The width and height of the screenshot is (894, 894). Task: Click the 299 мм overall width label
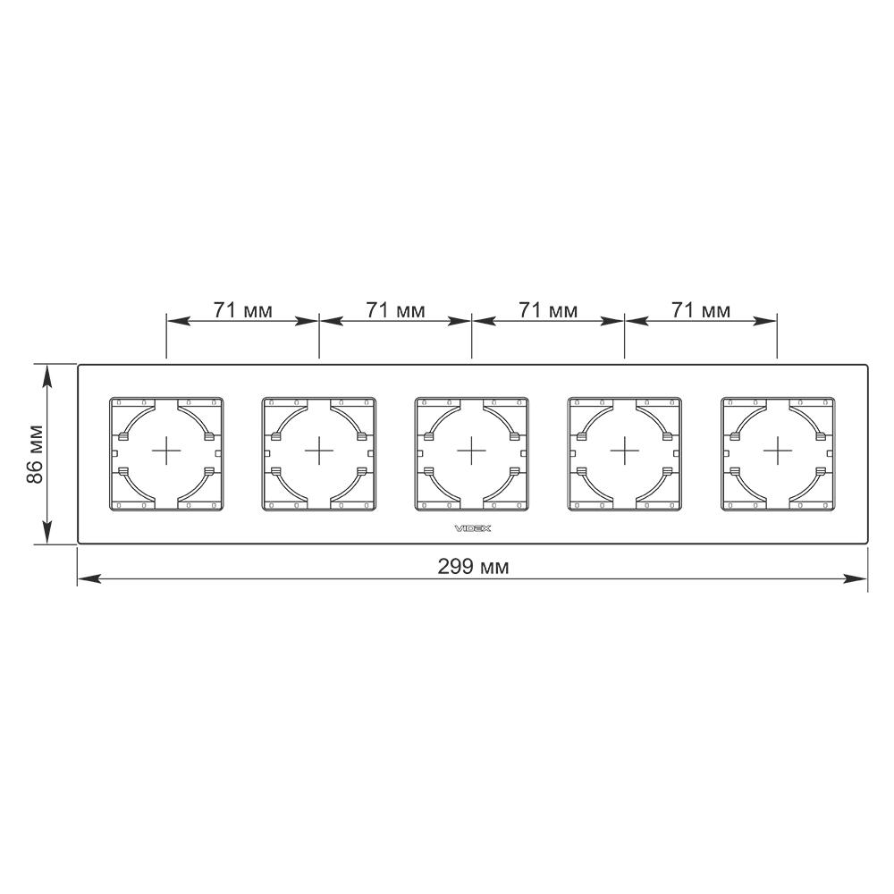pyautogui.click(x=473, y=567)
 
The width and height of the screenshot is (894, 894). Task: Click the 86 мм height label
pyautogui.click(x=36, y=454)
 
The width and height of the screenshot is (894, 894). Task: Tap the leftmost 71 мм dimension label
pyautogui.click(x=243, y=310)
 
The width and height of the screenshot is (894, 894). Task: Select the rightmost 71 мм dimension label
pyautogui.click(x=701, y=310)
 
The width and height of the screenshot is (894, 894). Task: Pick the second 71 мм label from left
pyautogui.click(x=395, y=310)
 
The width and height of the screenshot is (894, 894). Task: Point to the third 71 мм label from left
pyautogui.click(x=548, y=310)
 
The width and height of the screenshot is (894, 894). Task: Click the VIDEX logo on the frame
pyautogui.click(x=473, y=528)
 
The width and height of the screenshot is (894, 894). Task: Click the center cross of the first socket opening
pyautogui.click(x=166, y=451)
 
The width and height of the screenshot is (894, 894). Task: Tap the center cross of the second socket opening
pyautogui.click(x=319, y=451)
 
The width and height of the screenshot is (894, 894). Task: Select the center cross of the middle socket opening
pyautogui.click(x=471, y=451)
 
